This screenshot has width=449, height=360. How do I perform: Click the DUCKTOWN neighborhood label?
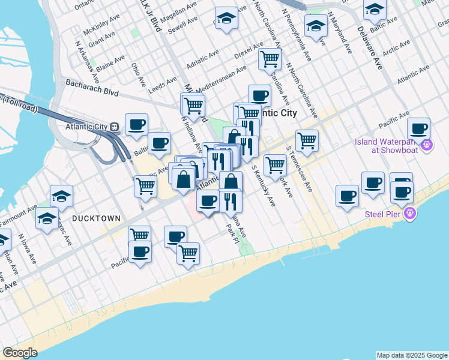96,219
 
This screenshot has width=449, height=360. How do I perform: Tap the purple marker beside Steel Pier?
410,213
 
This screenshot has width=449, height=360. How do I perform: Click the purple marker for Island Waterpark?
427,145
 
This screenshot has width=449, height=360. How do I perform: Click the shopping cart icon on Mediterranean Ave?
270,59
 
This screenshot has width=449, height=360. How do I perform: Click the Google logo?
20,353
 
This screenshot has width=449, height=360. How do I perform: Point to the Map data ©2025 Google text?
412,355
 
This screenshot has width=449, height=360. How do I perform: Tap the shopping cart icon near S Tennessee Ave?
307,140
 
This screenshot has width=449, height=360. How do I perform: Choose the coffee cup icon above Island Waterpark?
418,128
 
